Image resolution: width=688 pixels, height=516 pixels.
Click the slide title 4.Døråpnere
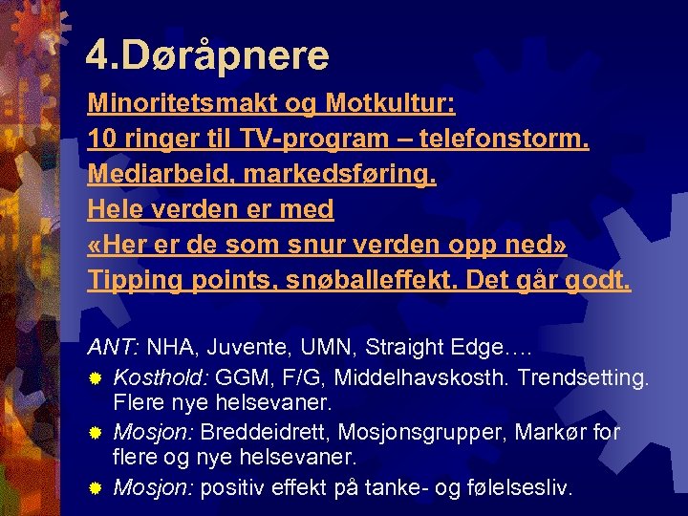tap(207, 55)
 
